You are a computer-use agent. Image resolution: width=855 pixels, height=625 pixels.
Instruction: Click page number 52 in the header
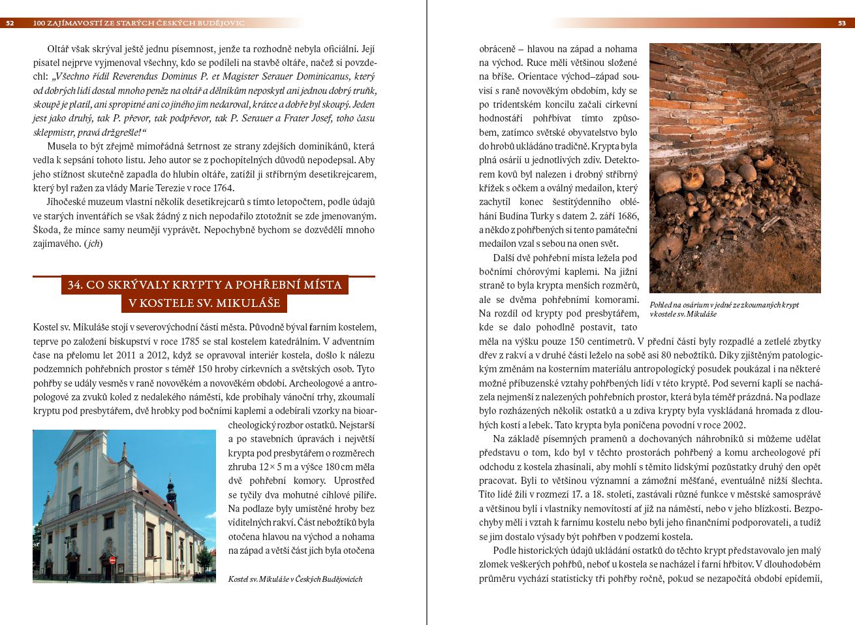[10, 23]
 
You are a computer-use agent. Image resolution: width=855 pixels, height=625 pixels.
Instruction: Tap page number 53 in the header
[842, 23]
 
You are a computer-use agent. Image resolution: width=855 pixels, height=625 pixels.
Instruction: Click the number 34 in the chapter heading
[74, 285]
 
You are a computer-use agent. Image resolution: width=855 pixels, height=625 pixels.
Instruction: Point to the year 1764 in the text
[223, 188]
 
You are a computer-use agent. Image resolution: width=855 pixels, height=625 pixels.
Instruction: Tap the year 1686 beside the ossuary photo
[626, 216]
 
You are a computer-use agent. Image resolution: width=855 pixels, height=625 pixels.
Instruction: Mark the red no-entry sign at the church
[112, 560]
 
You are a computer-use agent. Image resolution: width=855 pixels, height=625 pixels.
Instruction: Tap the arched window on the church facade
[75, 503]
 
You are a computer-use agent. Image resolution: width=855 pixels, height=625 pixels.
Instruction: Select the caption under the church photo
[295, 579]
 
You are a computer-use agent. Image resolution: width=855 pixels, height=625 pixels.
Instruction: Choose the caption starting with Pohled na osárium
[724, 309]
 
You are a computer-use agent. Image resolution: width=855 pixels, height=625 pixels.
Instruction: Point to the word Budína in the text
[550, 216]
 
